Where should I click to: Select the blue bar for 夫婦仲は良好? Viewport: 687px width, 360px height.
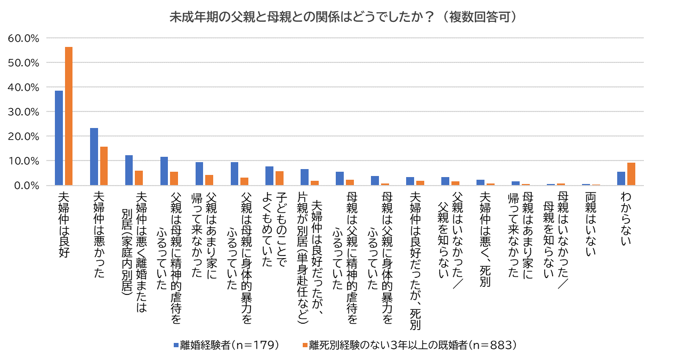click(x=59, y=138)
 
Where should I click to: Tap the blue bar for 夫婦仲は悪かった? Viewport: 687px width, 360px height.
click(x=94, y=157)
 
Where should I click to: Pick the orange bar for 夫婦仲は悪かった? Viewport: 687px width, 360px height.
click(x=103, y=166)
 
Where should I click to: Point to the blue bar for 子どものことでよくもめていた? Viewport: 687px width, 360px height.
click(x=269, y=176)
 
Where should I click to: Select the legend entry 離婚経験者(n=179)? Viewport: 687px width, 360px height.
click(x=226, y=345)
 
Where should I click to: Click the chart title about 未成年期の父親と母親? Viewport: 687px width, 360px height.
click(x=343, y=18)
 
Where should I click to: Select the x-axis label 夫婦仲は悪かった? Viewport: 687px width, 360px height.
click(x=99, y=229)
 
